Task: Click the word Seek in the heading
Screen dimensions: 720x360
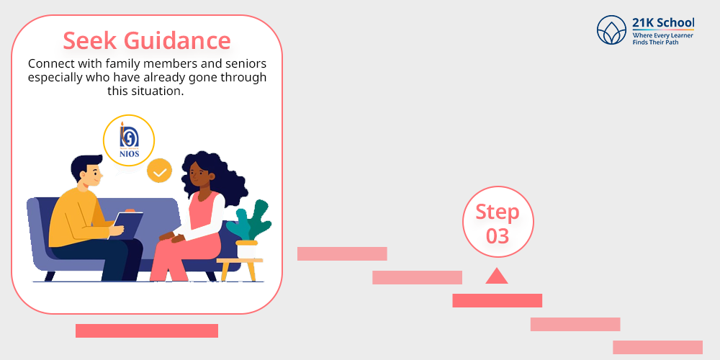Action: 89,40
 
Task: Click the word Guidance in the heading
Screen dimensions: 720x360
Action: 177,40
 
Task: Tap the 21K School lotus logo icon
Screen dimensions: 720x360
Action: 611,30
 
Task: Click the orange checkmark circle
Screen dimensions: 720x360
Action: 159,171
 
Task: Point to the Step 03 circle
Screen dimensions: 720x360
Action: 498,222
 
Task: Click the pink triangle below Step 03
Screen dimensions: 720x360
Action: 496,276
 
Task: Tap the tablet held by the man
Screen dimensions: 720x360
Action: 126,225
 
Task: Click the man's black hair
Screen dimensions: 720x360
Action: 83,166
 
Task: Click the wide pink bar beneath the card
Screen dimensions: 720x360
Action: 147,330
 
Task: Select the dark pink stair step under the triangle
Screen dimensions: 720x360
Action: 498,300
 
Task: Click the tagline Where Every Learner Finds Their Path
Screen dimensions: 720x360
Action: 663,39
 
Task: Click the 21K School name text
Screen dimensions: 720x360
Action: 663,23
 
